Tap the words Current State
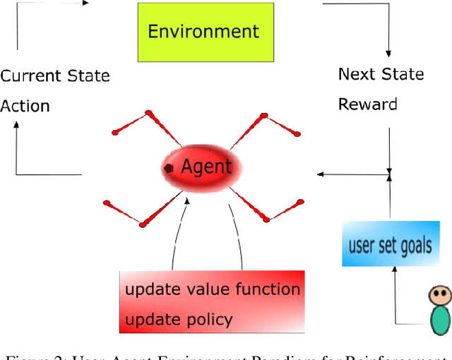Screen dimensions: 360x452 (x=55, y=76)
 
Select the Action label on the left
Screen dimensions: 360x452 (x=25, y=107)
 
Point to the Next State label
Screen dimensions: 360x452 (x=381, y=74)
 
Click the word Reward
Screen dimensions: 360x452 (x=367, y=104)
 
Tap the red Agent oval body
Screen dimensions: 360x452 (x=205, y=168)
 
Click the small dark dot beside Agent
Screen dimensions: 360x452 (x=169, y=168)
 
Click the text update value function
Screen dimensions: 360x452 (x=213, y=289)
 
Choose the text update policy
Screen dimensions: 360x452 (x=179, y=319)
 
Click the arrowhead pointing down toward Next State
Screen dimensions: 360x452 (x=388, y=52)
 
